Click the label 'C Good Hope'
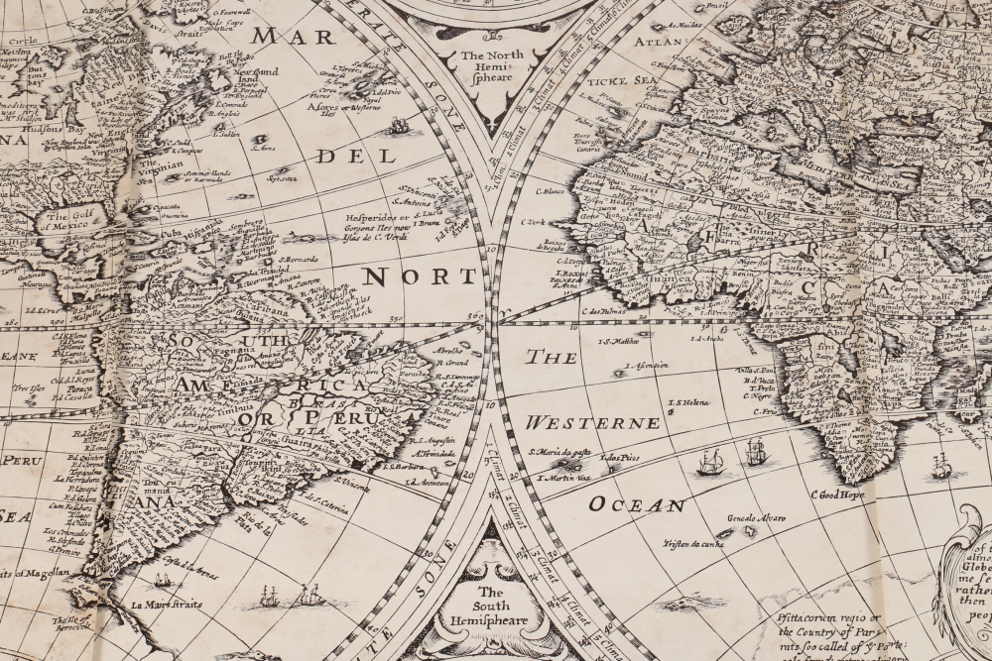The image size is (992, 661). point(837,495)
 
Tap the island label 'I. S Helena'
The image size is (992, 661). point(691,402)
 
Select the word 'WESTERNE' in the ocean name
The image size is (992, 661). point(592,423)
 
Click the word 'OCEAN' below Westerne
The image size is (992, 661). point(637,504)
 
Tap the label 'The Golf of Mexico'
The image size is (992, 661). point(68,222)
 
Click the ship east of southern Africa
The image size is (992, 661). point(941,468)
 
